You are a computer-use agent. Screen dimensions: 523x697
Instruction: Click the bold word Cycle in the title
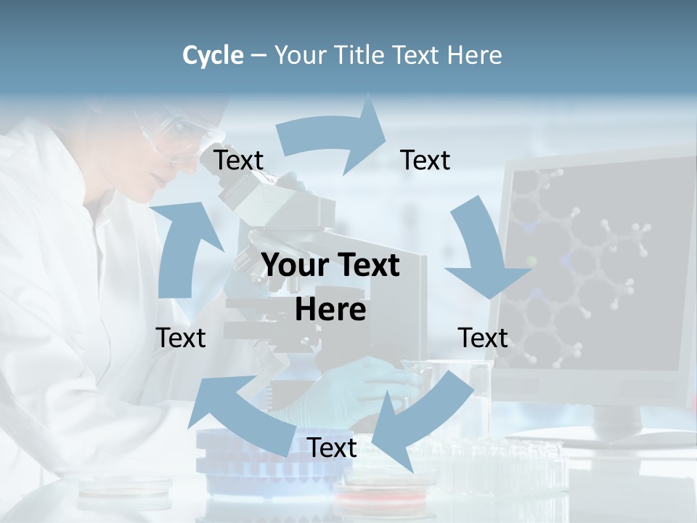coord(213,55)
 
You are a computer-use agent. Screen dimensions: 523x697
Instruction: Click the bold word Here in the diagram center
coord(330,309)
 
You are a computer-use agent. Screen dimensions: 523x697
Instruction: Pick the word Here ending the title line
coord(476,55)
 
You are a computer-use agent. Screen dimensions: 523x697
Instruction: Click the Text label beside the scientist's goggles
coord(239,161)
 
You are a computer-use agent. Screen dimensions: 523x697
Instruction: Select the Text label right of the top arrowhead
coord(425,161)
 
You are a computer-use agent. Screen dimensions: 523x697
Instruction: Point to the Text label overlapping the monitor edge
coord(484,338)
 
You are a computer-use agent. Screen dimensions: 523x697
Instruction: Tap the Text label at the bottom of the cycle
coord(332,448)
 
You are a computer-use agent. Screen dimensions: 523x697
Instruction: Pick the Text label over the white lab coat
coord(181,338)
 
